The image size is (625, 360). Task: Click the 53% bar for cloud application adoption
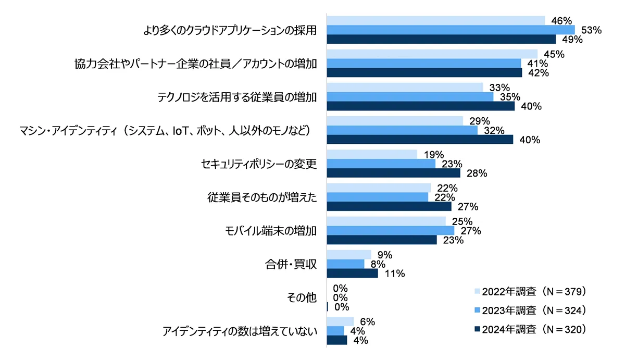[451, 30]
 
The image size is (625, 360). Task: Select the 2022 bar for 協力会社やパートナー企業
[432, 54]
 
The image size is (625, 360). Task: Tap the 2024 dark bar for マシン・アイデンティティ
[420, 140]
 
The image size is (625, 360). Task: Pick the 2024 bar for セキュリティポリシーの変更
[393, 173]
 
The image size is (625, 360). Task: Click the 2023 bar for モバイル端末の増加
[390, 230]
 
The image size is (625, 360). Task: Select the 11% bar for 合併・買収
[352, 273]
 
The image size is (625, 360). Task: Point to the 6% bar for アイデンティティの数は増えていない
[340, 322]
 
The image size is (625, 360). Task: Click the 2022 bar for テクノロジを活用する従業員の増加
[405, 87]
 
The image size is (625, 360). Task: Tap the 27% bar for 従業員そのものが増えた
[389, 206]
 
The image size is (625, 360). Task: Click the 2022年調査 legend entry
[531, 291]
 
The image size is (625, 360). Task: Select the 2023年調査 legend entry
[531, 310]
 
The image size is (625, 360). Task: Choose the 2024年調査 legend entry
[531, 329]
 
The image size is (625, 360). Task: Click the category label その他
[302, 297]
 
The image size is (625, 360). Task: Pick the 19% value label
[433, 154]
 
